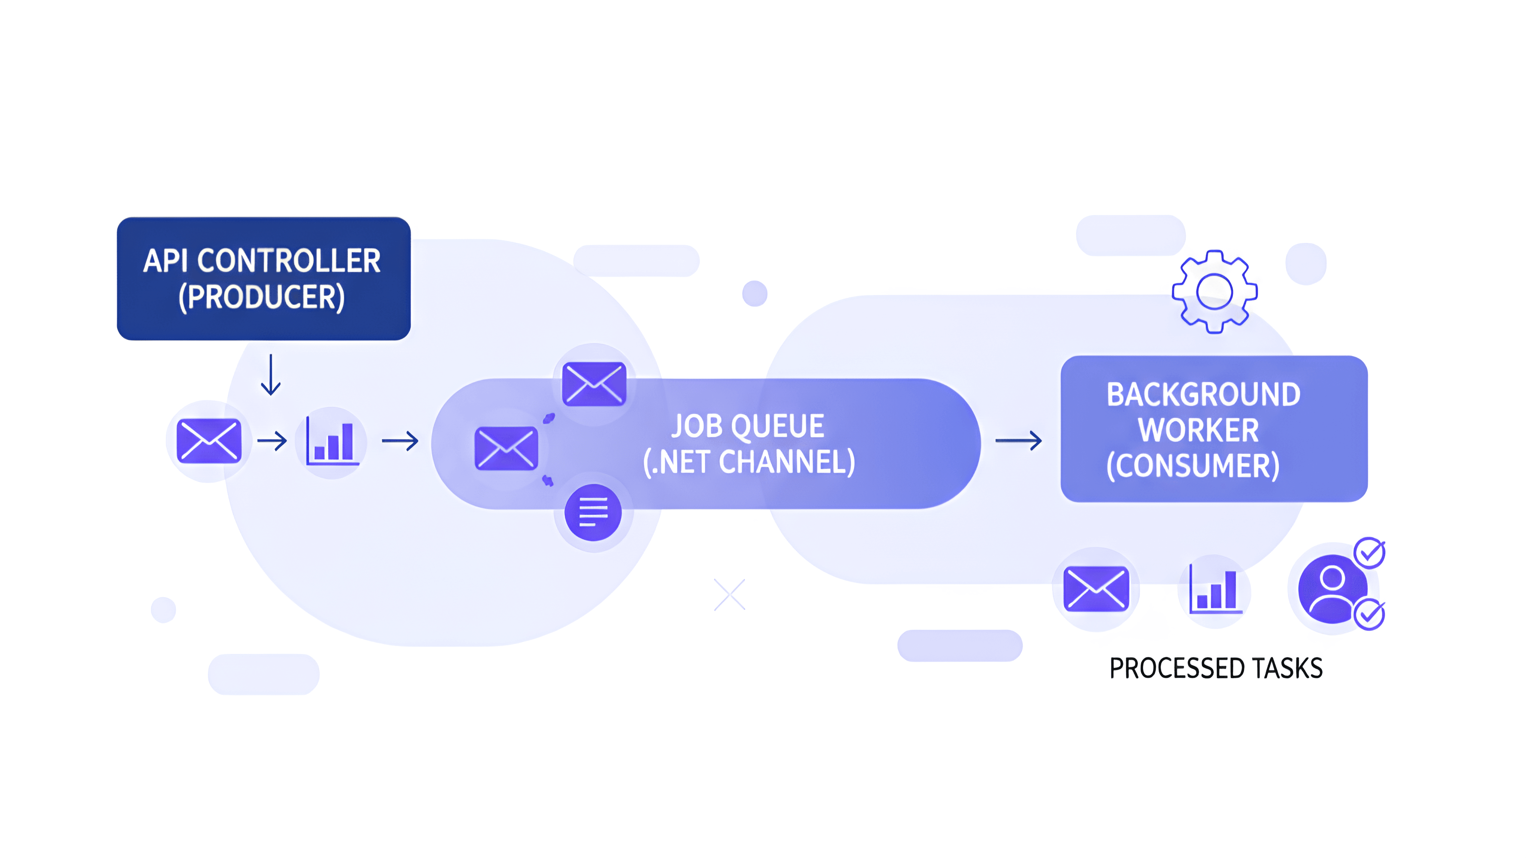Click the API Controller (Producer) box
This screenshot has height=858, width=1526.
[264, 278]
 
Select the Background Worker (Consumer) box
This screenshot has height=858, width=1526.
[1213, 429]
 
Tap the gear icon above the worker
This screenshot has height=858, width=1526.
[1215, 291]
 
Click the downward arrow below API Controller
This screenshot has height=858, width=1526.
[271, 374]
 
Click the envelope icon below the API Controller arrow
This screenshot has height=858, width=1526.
[209, 441]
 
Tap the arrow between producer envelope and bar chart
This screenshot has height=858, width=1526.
[272, 441]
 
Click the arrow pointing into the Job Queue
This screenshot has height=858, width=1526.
[401, 441]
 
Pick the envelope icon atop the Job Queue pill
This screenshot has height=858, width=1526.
[593, 384]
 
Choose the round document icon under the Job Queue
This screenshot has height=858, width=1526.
[593, 512]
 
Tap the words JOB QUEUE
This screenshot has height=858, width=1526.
[748, 426]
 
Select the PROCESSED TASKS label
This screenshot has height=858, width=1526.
[1216, 668]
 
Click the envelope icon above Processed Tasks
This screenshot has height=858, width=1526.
[1096, 589]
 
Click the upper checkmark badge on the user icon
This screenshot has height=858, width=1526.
[1369, 553]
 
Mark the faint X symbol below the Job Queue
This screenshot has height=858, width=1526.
[729, 594]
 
